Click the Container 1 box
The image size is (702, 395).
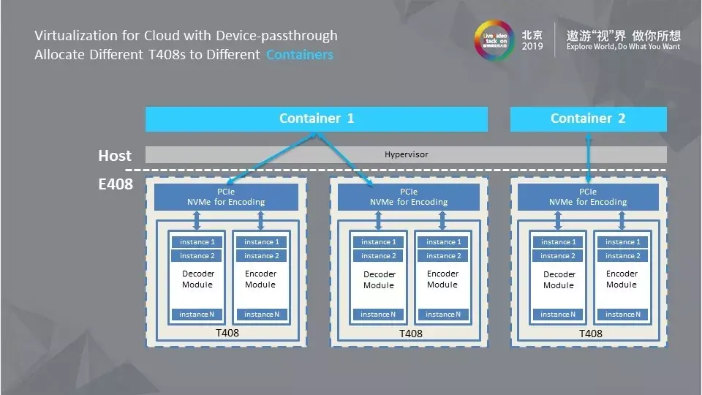pos(316,118)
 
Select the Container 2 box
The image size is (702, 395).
pos(588,118)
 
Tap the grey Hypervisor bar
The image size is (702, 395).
pos(406,155)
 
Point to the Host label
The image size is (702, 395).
pos(115,156)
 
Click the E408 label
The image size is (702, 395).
pos(116,184)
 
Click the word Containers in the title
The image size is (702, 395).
pos(299,55)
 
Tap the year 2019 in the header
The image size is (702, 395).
pos(532,46)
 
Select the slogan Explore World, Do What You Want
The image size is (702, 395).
pos(623,46)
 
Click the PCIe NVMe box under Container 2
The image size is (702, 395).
pos(588,197)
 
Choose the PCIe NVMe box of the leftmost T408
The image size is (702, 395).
pos(226,197)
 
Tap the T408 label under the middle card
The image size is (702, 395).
pos(410,334)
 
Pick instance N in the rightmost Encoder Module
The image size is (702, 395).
pos(620,315)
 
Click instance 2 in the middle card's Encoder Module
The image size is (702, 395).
pos(441,256)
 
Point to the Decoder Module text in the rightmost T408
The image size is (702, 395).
pos(559,279)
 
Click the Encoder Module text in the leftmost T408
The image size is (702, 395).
pos(260,279)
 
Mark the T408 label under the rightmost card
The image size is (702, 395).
pos(590,334)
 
